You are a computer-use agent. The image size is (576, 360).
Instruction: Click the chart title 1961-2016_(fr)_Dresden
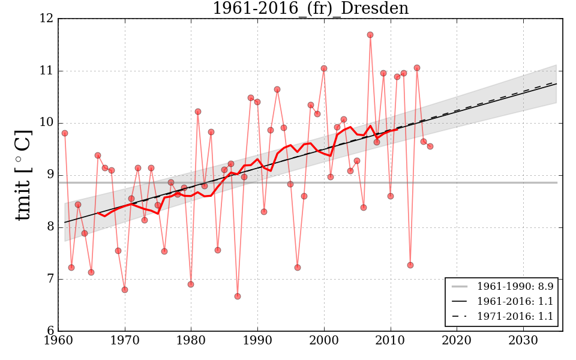click(x=310, y=9)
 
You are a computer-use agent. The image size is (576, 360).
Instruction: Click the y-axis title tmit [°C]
click(x=23, y=175)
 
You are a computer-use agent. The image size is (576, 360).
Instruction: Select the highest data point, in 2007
click(x=370, y=35)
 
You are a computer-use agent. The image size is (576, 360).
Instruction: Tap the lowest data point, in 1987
click(x=238, y=296)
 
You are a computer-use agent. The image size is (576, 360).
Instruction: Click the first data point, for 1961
click(x=65, y=133)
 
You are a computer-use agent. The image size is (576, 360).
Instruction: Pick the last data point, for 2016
click(x=430, y=146)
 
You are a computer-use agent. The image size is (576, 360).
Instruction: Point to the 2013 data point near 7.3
click(x=410, y=265)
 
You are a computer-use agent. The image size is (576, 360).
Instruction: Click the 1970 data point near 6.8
click(x=125, y=290)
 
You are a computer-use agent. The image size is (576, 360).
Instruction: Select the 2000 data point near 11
click(x=324, y=68)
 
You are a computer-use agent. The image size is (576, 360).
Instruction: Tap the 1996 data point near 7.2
click(x=298, y=268)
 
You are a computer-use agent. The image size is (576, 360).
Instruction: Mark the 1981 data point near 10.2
click(x=198, y=112)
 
